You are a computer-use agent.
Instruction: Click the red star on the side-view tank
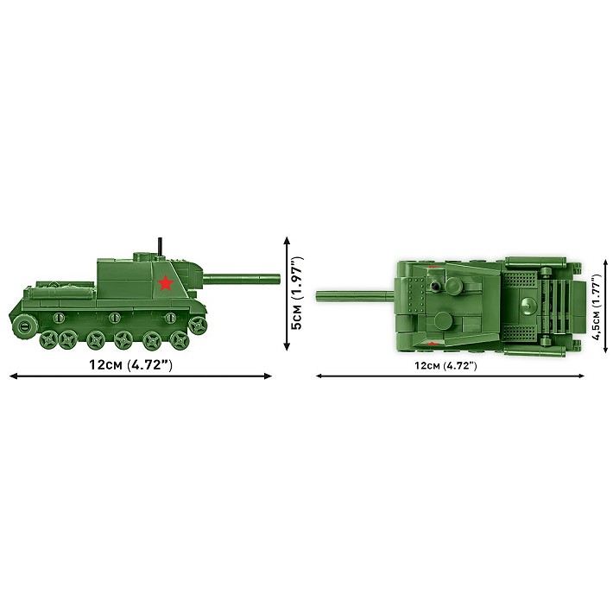(x=163, y=282)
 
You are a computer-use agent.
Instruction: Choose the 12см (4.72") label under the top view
(x=446, y=365)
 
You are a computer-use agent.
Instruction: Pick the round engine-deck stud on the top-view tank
(x=526, y=301)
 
